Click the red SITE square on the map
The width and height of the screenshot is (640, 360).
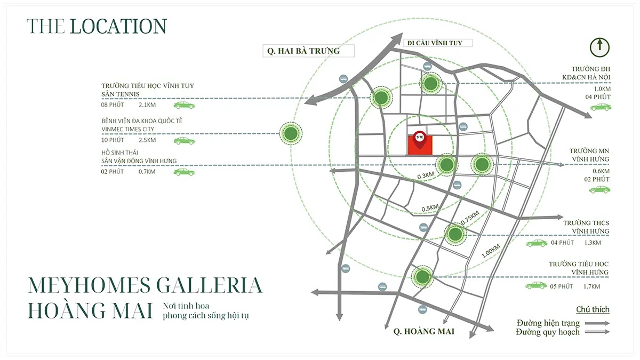click(x=420, y=146)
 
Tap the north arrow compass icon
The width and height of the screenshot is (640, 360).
click(x=600, y=47)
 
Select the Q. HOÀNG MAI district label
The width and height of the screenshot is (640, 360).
click(x=424, y=332)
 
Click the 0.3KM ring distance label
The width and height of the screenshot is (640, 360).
click(x=426, y=174)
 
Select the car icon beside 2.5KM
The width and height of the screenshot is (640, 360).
click(x=184, y=141)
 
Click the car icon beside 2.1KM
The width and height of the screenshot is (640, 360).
click(x=184, y=105)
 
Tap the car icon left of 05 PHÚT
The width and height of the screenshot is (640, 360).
click(x=536, y=286)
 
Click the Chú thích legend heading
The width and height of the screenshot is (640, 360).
click(x=593, y=310)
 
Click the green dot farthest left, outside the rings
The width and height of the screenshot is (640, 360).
click(x=291, y=133)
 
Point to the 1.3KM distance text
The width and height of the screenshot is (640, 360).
click(x=593, y=243)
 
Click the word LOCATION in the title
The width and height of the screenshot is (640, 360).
click(x=118, y=26)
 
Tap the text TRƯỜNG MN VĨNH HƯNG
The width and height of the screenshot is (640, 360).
click(x=589, y=155)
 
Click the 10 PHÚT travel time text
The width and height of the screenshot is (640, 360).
click(x=112, y=140)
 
